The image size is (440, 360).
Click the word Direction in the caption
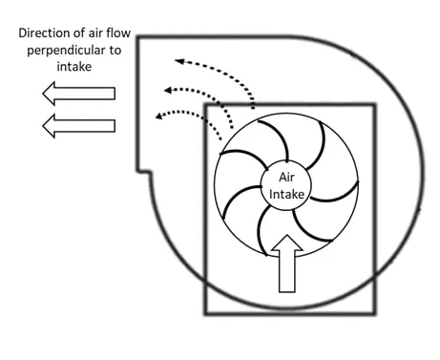(44, 33)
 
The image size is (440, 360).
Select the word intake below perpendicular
(74, 67)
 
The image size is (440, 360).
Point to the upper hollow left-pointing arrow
(78, 94)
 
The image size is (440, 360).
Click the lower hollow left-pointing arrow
(78, 126)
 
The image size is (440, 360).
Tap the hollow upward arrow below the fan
(287, 264)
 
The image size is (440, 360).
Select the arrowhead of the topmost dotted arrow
(179, 61)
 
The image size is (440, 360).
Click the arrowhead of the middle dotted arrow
(168, 91)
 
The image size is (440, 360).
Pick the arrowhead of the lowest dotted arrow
(159, 116)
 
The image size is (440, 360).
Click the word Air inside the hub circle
(286, 178)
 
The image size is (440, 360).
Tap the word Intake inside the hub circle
(286, 194)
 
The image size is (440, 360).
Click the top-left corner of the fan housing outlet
(138, 37)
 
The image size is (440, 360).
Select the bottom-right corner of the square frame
(375, 313)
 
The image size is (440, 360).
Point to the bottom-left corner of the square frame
(205, 314)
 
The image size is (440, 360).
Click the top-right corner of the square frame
(375, 105)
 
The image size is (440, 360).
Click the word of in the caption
(79, 32)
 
